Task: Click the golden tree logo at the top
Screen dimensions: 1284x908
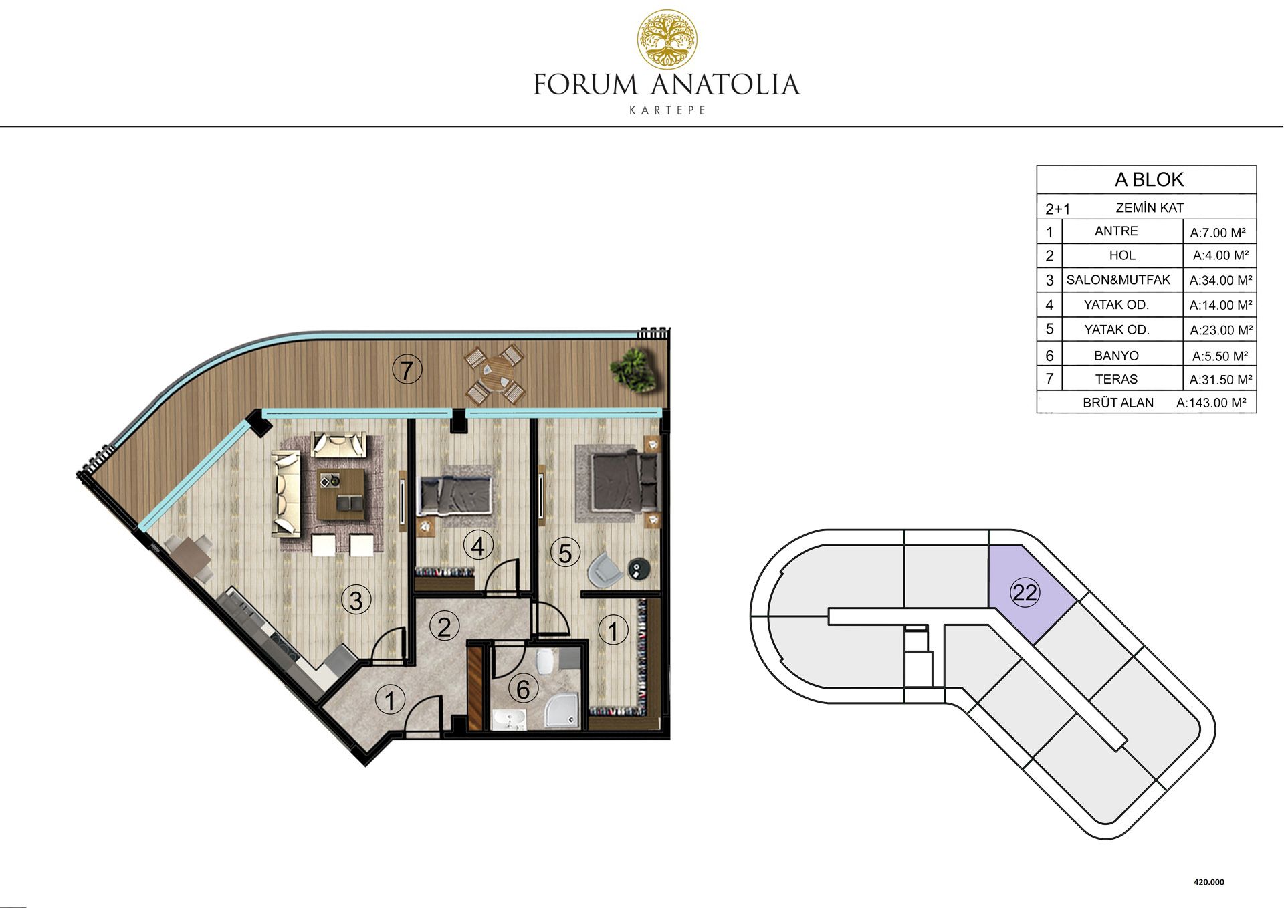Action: click(x=667, y=40)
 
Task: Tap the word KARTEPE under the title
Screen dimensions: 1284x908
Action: click(x=667, y=110)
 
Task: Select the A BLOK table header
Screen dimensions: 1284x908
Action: click(x=1149, y=179)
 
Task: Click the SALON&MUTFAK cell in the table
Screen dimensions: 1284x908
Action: click(x=1118, y=280)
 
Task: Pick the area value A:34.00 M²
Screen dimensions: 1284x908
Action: click(x=1220, y=281)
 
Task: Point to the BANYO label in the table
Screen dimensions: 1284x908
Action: click(x=1116, y=356)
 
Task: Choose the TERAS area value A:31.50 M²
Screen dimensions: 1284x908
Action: click(x=1220, y=380)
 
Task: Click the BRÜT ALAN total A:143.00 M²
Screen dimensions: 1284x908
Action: click(x=1211, y=403)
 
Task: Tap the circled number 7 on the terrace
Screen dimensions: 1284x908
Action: click(x=407, y=370)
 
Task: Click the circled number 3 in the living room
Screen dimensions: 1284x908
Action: click(x=356, y=600)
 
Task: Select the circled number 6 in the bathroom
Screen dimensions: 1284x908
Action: click(x=523, y=689)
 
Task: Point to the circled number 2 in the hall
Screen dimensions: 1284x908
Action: click(x=444, y=627)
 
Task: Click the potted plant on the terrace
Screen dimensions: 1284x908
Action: click(x=633, y=370)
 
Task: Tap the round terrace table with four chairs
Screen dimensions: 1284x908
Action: click(x=494, y=374)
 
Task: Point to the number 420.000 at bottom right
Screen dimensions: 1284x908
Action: click(x=1209, y=882)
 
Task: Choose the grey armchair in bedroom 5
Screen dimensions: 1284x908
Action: click(x=605, y=569)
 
